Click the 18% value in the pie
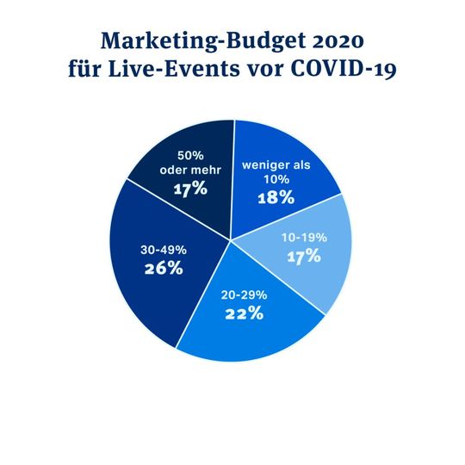click(277, 197)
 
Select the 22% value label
click(243, 313)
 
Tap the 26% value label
click(164, 268)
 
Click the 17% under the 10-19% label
click(303, 256)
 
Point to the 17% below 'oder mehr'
click(189, 188)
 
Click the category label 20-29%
click(243, 294)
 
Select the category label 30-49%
click(164, 250)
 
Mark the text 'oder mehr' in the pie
click(189, 170)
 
